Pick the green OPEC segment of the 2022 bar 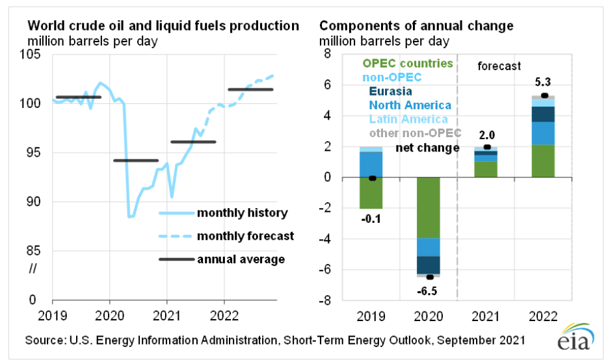pyautogui.click(x=544, y=161)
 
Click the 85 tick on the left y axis pyautogui.click(x=34, y=251)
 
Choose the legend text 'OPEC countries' pyautogui.click(x=407, y=64)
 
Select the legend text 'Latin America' pyautogui.click(x=408, y=119)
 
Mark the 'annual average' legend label pyautogui.click(x=241, y=259)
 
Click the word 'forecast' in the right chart pyautogui.click(x=499, y=66)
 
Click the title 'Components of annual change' pyautogui.click(x=416, y=26)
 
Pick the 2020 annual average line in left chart pyautogui.click(x=135, y=160)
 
